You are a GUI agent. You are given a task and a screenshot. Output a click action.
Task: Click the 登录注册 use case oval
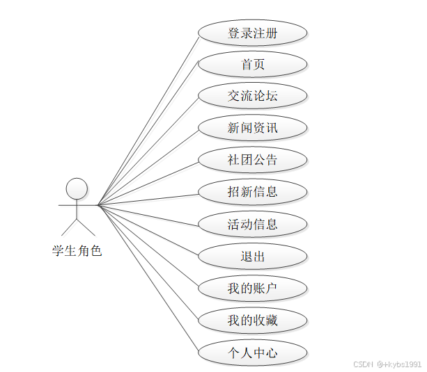252,33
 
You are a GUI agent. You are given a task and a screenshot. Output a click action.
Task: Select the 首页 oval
252,65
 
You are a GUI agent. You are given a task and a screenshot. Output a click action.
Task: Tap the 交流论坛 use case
252,96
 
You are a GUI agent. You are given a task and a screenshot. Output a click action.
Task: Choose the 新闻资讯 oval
252,128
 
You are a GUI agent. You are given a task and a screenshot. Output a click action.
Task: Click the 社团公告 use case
252,160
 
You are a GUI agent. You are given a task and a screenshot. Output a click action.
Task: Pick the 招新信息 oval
252,192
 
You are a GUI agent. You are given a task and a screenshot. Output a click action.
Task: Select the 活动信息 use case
252,224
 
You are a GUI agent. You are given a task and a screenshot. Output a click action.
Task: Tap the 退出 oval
252,257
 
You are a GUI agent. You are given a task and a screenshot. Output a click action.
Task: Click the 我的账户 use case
252,289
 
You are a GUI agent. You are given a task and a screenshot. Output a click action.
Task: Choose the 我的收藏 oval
252,321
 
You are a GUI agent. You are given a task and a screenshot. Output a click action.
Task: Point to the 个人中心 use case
252,353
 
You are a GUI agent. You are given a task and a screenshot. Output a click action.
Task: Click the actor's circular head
77,188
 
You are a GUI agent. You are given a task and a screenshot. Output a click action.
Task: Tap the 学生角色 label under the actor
77,251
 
